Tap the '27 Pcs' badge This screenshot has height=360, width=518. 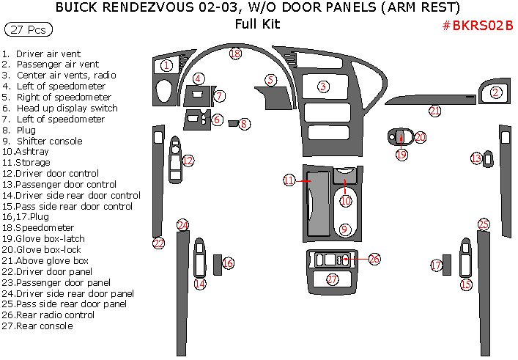(x=29, y=30)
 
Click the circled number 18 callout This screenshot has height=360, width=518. (x=234, y=54)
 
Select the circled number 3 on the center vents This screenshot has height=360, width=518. (x=322, y=87)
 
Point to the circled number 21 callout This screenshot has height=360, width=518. (x=435, y=111)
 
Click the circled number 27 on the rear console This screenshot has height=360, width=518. (x=333, y=279)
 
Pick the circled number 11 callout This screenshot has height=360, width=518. (x=289, y=180)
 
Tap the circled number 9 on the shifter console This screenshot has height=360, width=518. (x=344, y=230)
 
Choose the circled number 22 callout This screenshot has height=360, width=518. (x=158, y=243)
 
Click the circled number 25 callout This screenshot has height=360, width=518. (x=483, y=224)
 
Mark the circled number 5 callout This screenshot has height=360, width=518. (x=271, y=80)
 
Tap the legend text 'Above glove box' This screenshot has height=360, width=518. (x=52, y=260)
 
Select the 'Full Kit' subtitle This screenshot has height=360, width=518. (x=258, y=23)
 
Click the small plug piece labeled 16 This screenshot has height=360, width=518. (x=218, y=262)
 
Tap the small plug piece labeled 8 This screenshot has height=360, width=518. (x=234, y=124)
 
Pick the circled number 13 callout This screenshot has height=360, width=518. (x=476, y=158)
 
